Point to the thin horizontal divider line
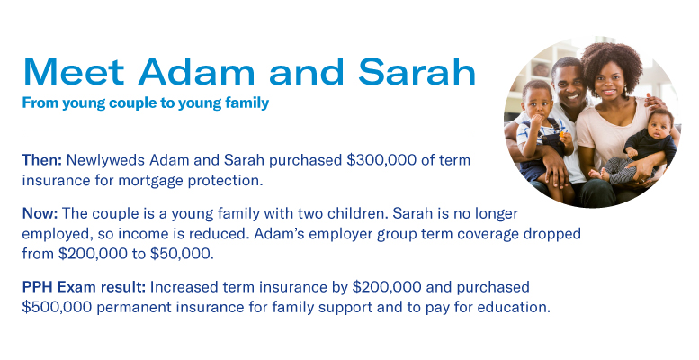(x=246, y=130)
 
